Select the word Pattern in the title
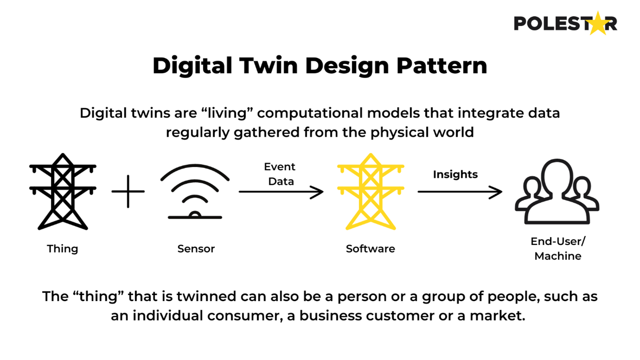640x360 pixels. click(x=441, y=66)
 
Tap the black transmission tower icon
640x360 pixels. click(x=63, y=192)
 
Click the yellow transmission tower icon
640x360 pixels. click(x=370, y=192)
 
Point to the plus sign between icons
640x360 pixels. click(x=128, y=191)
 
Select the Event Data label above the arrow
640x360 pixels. click(x=280, y=174)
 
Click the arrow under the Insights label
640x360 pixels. click(x=459, y=192)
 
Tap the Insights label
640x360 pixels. click(x=455, y=174)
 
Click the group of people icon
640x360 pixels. click(x=557, y=193)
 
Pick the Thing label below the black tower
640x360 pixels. click(x=63, y=249)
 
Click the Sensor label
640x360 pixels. click(x=196, y=249)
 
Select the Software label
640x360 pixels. click(x=370, y=249)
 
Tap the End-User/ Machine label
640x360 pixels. click(x=558, y=249)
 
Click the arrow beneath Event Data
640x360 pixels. click(x=281, y=192)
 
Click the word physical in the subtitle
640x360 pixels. click(x=400, y=132)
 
